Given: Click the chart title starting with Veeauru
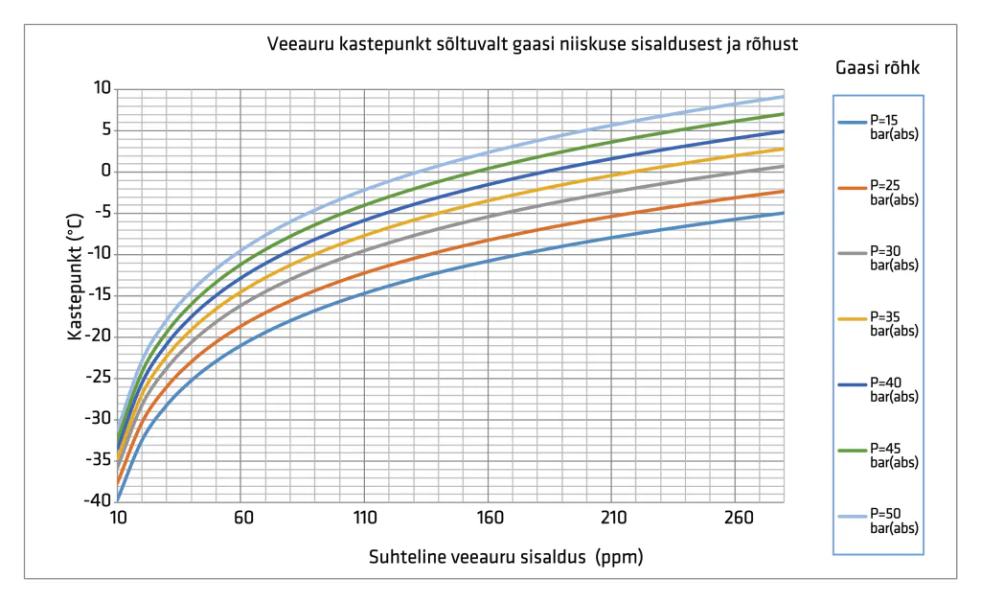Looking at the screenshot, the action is (533, 44).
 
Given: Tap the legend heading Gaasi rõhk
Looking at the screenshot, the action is (878, 68).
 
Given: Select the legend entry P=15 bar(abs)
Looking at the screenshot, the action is (878, 128).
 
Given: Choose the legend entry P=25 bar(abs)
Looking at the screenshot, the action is (878, 193).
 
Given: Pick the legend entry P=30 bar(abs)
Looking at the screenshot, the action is (878, 258).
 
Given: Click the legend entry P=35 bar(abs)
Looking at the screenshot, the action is (878, 324).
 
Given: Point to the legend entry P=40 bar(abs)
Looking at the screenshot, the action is (878, 389).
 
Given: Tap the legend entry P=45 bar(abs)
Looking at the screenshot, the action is (878, 455).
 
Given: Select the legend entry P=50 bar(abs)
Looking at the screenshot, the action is (878, 521).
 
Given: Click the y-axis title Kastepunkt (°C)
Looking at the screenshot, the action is (75, 276).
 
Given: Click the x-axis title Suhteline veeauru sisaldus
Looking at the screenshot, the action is (477, 557).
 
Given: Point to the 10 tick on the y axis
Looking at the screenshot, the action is (102, 88).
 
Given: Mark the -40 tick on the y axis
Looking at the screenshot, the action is (98, 500).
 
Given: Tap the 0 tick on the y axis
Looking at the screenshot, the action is (105, 171).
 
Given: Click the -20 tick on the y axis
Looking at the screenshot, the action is (98, 336).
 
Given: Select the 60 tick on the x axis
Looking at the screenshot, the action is (243, 518).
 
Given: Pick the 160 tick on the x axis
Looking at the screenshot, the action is (490, 518).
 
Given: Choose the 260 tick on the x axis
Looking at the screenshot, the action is (739, 518).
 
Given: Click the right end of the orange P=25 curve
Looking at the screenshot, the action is (784, 191).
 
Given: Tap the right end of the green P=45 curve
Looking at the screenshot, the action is (784, 114).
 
